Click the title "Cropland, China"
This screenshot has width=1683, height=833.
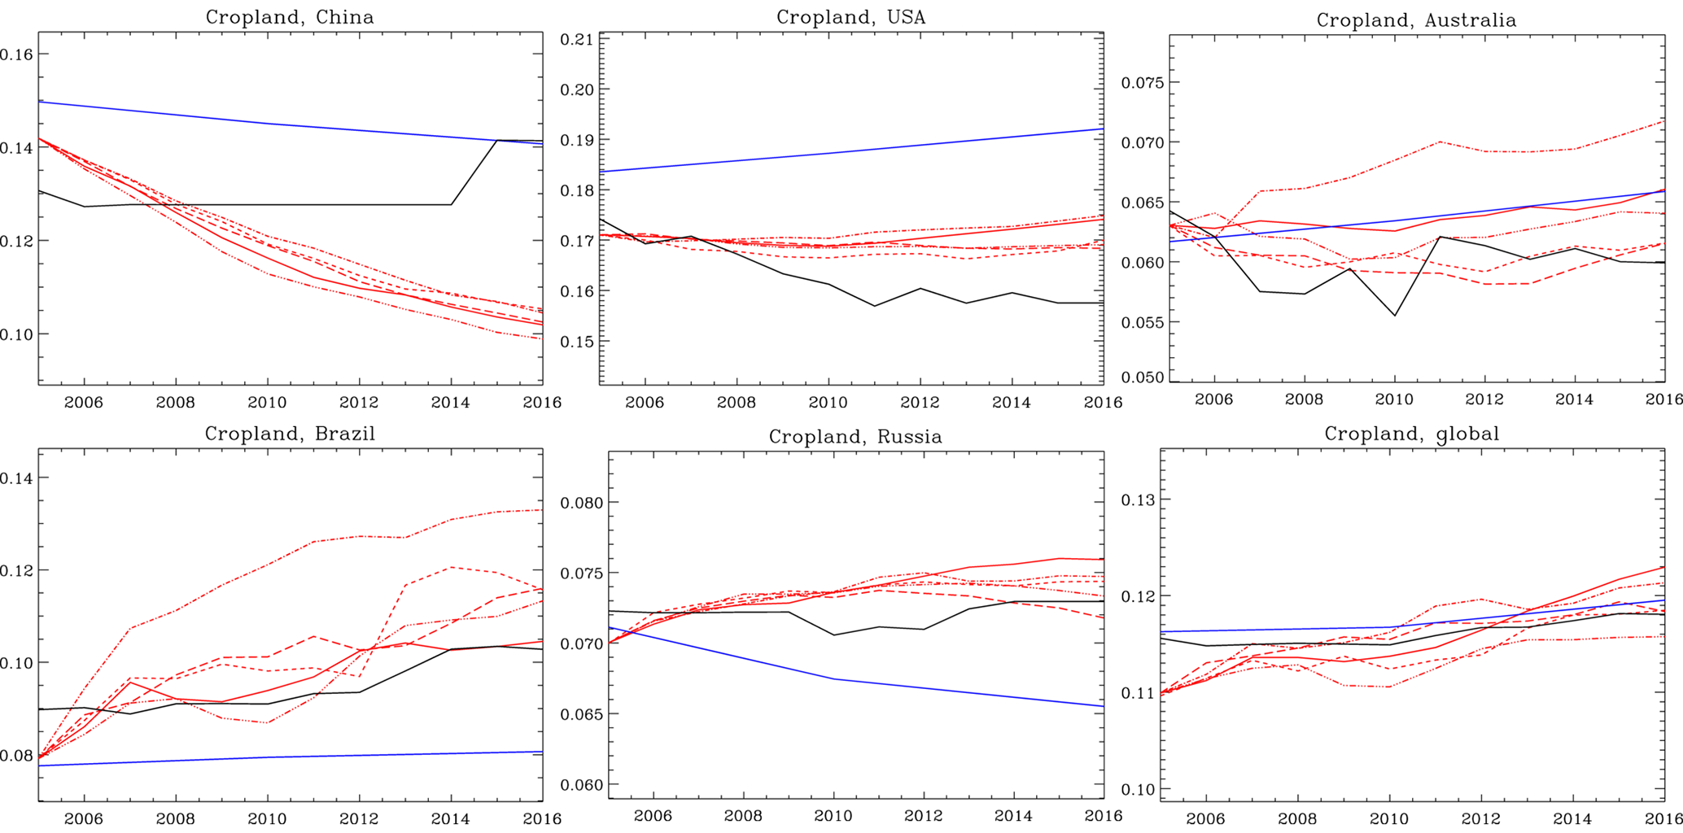tap(290, 17)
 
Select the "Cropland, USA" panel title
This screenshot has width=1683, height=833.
tap(850, 17)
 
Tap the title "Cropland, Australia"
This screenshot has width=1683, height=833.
tap(1416, 20)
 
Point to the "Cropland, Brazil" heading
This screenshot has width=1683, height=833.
tap(290, 434)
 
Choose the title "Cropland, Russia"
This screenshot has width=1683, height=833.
tap(855, 437)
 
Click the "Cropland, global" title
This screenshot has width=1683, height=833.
tap(1411, 434)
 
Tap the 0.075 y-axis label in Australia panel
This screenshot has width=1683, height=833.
tap(1143, 82)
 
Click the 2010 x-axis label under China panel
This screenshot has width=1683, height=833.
tap(267, 402)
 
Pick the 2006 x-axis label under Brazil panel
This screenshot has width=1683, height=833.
tap(84, 818)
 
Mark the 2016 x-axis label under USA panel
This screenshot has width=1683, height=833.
tap(1103, 402)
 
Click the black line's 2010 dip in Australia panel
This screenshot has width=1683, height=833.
tap(1395, 315)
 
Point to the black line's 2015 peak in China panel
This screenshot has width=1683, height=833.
tap(496, 140)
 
